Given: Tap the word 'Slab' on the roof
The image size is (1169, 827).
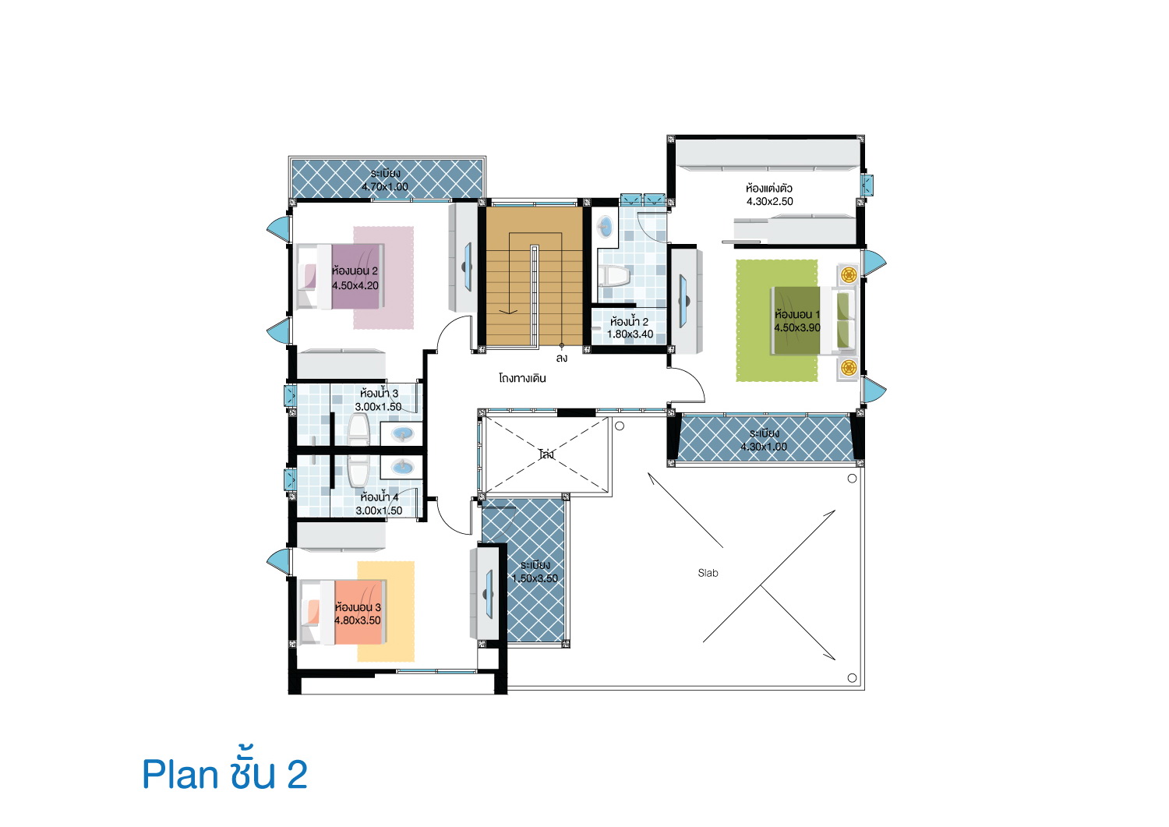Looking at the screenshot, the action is [708, 573].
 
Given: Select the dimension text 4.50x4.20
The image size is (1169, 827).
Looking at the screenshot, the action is [355, 285].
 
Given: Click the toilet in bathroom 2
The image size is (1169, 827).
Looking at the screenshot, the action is [614, 276].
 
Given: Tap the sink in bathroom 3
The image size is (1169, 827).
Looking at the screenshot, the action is [402, 433].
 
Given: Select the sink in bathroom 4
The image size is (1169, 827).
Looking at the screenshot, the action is [402, 466].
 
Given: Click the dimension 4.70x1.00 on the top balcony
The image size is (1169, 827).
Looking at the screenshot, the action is [385, 186].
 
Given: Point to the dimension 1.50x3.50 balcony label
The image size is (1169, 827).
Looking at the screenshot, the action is [535, 578].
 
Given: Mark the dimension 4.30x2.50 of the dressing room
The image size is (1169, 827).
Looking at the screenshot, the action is [769, 202].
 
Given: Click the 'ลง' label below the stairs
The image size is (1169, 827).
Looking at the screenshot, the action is [562, 358].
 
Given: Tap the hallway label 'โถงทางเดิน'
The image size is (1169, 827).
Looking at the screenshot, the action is [522, 378].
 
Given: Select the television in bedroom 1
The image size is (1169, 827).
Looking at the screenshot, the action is [683, 301].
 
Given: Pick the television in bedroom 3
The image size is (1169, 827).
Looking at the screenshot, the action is [489, 594].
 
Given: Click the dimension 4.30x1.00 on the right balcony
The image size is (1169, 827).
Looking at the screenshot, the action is [764, 447].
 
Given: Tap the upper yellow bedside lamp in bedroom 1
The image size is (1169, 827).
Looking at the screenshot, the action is [849, 274].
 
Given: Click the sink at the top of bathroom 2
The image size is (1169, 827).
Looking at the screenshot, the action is [605, 228].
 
